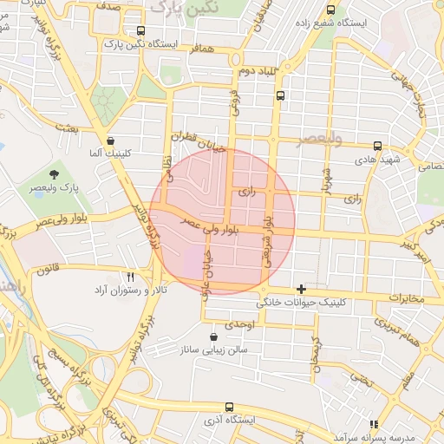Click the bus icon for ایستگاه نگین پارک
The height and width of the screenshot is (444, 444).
[141, 31]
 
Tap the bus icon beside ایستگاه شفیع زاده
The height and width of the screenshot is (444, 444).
[330, 10]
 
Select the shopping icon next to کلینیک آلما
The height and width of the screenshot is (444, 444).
[110, 140]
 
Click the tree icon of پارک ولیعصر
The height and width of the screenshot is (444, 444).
[55, 176]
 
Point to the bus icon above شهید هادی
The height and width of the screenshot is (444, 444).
[377, 147]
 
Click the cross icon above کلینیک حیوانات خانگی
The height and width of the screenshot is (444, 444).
[301, 289]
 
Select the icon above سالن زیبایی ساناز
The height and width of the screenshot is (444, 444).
[214, 336]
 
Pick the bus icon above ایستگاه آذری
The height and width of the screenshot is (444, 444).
[229, 407]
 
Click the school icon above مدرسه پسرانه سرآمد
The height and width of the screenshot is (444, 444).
[374, 424]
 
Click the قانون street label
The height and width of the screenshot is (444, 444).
[49, 270]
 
